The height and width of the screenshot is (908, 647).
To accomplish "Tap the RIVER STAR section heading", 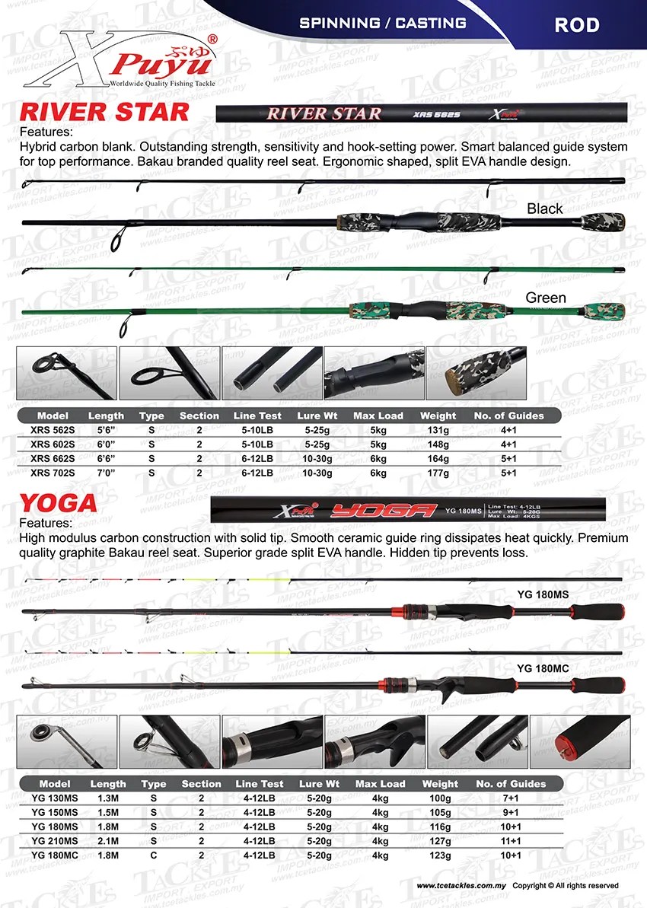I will (104, 113).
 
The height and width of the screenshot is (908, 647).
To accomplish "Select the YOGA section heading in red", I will (59, 503).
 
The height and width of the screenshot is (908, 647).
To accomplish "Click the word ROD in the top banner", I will (576, 25).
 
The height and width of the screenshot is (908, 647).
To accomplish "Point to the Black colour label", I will (545, 209).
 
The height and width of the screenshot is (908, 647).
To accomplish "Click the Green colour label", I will (546, 298).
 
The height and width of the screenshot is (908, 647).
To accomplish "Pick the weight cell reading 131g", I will (438, 430).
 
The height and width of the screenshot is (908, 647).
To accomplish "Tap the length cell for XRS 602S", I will (106, 444).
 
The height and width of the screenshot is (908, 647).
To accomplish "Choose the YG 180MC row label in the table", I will (55, 855).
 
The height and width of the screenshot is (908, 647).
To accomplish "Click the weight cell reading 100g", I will (440, 798).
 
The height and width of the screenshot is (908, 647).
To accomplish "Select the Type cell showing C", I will (152, 855).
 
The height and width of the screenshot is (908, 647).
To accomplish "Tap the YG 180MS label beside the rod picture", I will (543, 594).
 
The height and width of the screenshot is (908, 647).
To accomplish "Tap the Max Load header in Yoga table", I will (380, 784).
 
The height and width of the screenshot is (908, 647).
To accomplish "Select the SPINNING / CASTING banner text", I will (383, 23).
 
